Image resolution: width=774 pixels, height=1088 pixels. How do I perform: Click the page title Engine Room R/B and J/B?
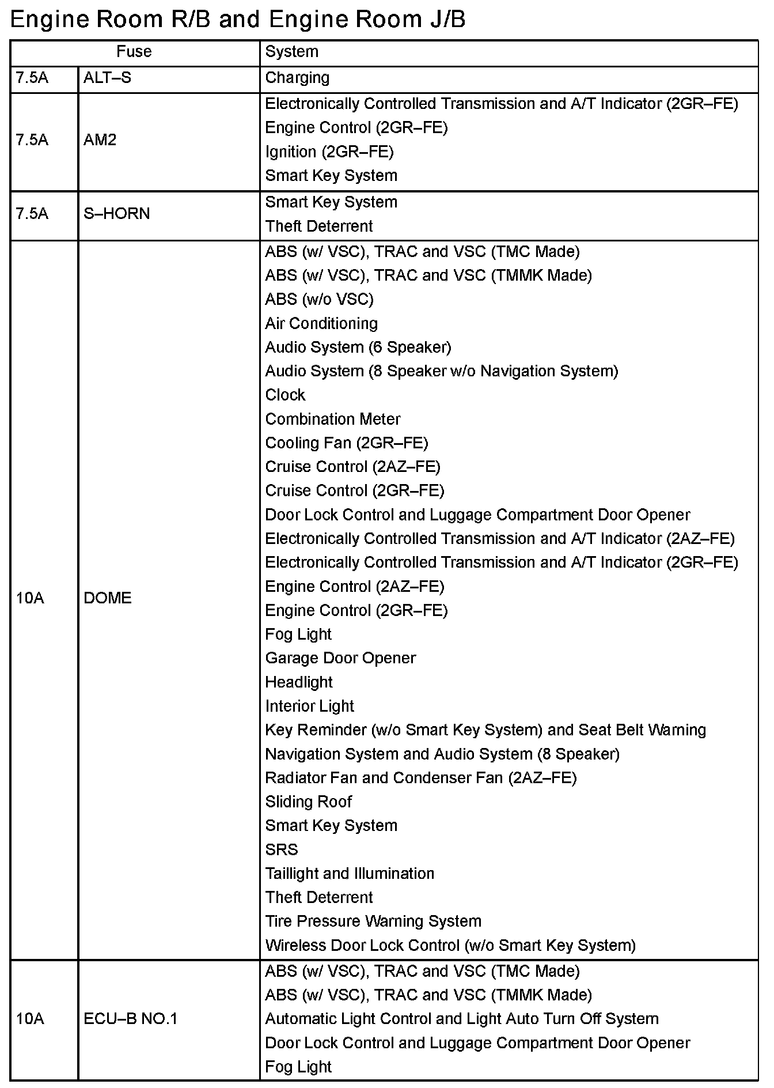[238, 20]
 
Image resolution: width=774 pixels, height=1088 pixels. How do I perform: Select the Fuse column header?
[134, 52]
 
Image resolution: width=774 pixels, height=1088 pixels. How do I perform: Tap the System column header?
[291, 52]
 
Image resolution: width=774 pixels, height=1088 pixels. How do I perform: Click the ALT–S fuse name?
[107, 78]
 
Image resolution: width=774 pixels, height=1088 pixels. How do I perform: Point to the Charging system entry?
[297, 78]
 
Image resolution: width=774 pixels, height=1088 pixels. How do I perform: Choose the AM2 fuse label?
[100, 140]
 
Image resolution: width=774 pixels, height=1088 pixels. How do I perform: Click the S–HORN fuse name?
[116, 214]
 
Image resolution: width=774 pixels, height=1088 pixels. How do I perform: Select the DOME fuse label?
[107, 598]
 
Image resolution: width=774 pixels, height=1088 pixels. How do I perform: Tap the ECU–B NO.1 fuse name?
[130, 1019]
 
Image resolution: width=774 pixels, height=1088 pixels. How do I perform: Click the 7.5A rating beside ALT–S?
[32, 78]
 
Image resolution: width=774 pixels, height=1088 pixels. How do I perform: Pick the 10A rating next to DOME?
[30, 598]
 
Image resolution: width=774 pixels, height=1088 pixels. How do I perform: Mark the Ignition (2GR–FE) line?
[329, 152]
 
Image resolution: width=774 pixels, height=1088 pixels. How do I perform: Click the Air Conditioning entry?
[321, 323]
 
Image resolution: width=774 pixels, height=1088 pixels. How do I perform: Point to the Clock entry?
[285, 395]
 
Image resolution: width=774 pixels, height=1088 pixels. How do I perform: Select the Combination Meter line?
[332, 419]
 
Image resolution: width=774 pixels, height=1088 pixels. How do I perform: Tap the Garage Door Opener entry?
[340, 658]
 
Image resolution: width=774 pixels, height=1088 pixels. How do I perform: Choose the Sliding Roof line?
[308, 802]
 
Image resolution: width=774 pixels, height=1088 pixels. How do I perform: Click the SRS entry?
[282, 849]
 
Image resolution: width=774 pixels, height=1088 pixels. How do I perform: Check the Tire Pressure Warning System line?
[373, 921]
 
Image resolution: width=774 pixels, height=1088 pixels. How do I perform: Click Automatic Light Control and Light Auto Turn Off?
[461, 1019]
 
